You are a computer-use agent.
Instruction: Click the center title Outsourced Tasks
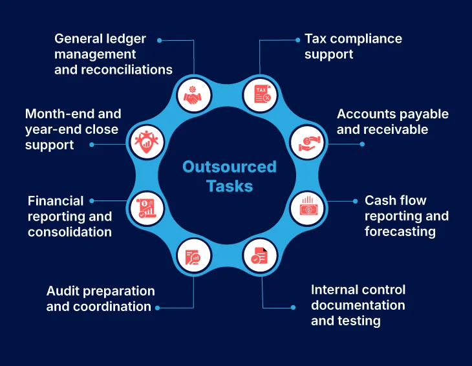[229, 177]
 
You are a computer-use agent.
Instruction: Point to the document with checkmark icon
[260, 256]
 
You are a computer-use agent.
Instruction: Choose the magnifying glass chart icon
[193, 256]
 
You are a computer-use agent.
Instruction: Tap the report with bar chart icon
[145, 208]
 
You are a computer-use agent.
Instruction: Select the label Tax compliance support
[353, 47]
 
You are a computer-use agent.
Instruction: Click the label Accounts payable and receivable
[392, 122]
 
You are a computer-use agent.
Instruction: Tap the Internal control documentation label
[358, 305]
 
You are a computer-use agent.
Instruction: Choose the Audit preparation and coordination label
[100, 299]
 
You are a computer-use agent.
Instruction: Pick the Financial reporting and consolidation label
[69, 216]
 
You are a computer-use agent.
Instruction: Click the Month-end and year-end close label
[72, 129]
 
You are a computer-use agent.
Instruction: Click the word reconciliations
[113, 70]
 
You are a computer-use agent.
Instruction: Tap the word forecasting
[400, 231]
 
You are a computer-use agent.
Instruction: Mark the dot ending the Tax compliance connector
[297, 39]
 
